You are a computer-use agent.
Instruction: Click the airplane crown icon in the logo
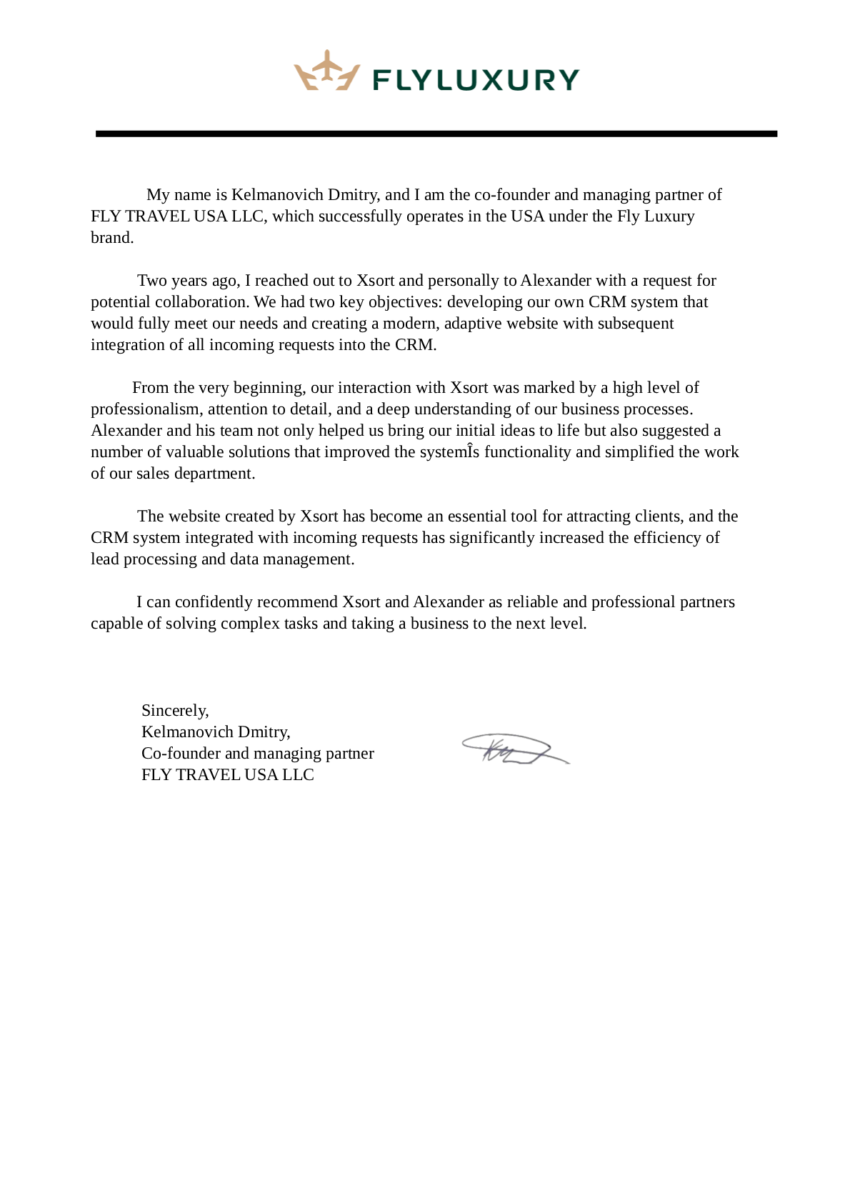tap(326, 71)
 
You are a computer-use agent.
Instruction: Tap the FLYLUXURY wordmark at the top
tap(476, 80)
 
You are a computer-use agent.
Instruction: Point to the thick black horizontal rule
tap(436, 134)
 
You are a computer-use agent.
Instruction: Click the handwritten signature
tap(514, 749)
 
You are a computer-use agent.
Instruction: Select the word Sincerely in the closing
tap(174, 710)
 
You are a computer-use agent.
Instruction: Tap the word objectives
tap(404, 302)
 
